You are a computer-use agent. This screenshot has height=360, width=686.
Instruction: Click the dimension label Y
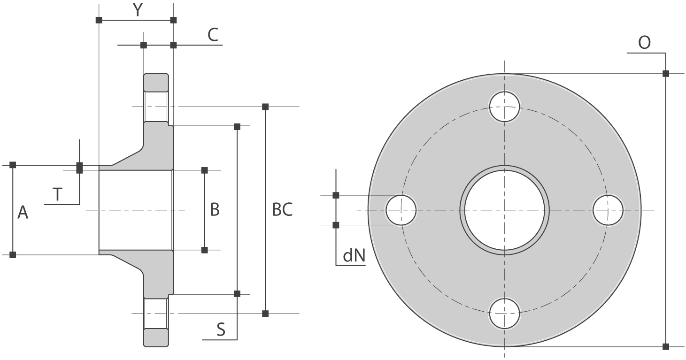(137, 10)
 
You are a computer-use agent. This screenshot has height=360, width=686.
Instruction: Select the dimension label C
(213, 35)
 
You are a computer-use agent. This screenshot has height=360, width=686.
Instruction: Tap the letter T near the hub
(58, 194)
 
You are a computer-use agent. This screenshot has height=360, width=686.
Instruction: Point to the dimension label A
(23, 213)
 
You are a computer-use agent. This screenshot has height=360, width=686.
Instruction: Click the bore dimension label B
(215, 210)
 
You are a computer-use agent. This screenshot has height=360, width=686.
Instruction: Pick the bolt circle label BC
(282, 210)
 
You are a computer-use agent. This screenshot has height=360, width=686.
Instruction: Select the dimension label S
(221, 330)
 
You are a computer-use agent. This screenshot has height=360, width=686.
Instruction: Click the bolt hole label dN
(354, 256)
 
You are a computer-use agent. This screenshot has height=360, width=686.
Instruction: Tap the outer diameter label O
(644, 43)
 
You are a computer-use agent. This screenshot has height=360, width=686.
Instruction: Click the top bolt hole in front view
(505, 107)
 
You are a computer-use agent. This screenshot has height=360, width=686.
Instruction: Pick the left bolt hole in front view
(401, 210)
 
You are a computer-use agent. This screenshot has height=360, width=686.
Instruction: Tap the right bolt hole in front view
(608, 210)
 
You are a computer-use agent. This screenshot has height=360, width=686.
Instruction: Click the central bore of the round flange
(505, 210)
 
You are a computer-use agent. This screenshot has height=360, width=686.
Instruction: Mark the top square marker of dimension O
(665, 74)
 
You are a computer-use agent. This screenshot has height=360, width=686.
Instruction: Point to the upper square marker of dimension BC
(265, 107)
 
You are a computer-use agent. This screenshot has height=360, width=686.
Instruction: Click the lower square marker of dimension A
(13, 254)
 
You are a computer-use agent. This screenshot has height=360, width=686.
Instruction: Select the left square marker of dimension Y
(99, 20)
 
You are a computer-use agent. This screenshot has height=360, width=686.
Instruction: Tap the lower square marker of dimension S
(237, 294)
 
